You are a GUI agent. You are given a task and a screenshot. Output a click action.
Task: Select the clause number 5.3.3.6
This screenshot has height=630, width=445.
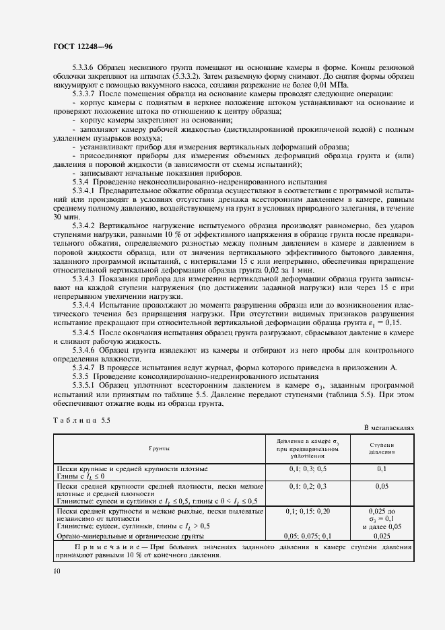click(x=84, y=68)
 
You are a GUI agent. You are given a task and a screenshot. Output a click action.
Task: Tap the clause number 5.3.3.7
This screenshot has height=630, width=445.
click(x=84, y=94)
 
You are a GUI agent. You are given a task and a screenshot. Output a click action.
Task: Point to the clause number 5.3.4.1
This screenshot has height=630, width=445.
click(x=84, y=190)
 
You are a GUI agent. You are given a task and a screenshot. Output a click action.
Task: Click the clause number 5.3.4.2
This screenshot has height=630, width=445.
click(x=84, y=225)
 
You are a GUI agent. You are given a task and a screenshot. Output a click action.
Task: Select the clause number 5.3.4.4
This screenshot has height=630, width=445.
click(x=84, y=304)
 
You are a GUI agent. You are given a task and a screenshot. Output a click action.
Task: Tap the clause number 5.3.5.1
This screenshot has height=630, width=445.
click(x=84, y=384)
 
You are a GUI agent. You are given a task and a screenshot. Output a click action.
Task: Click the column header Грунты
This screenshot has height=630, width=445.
click(x=160, y=447)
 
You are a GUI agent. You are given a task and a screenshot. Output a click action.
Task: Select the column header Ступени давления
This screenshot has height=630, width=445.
click(x=382, y=448)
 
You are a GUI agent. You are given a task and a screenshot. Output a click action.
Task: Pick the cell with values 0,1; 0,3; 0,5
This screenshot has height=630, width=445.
click(x=308, y=468)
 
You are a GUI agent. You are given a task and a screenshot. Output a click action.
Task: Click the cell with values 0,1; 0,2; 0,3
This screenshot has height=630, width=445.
click(x=308, y=485)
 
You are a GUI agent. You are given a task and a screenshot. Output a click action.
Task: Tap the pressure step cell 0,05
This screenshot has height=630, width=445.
click(x=382, y=485)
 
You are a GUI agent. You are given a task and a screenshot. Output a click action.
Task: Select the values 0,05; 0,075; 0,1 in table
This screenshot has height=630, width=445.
click(x=308, y=536)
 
